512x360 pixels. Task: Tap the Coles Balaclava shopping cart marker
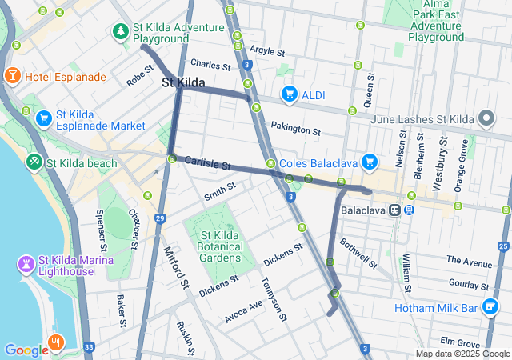(x=369, y=162)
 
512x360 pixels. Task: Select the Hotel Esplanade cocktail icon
(x=13, y=76)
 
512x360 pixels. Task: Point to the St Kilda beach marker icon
(x=34, y=162)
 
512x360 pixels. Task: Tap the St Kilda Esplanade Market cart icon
(x=44, y=118)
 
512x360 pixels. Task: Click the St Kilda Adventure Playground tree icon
(x=121, y=31)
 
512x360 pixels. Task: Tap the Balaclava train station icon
(x=395, y=210)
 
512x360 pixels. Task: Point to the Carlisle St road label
(x=207, y=163)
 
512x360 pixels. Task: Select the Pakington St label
(x=295, y=127)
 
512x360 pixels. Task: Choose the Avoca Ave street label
(x=243, y=311)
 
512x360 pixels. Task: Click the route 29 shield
(x=161, y=218)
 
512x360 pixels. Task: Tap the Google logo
(x=26, y=350)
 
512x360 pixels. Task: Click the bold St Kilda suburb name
(x=183, y=82)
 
